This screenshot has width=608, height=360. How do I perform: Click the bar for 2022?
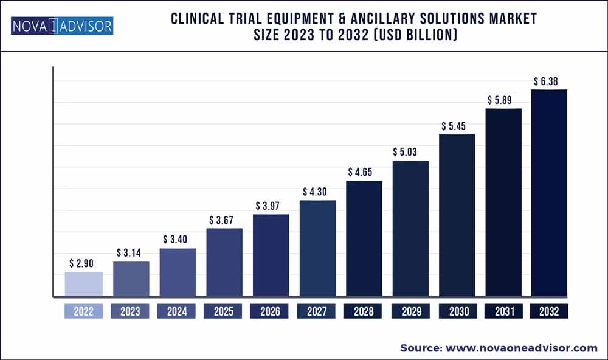(83, 285)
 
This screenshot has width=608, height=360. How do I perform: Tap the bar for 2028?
(364, 239)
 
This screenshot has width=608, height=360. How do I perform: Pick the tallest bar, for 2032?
(549, 193)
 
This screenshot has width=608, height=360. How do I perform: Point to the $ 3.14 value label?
(131, 252)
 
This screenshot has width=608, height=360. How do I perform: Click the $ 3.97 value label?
(271, 205)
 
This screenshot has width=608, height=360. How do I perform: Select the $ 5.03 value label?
(410, 151)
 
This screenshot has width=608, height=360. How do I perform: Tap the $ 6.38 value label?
(549, 80)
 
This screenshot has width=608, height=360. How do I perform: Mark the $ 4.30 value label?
(317, 191)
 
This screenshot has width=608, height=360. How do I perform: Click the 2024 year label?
(176, 312)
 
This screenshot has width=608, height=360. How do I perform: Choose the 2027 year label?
(316, 312)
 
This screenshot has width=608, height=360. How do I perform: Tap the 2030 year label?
(457, 312)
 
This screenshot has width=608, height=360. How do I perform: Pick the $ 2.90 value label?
(84, 263)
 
